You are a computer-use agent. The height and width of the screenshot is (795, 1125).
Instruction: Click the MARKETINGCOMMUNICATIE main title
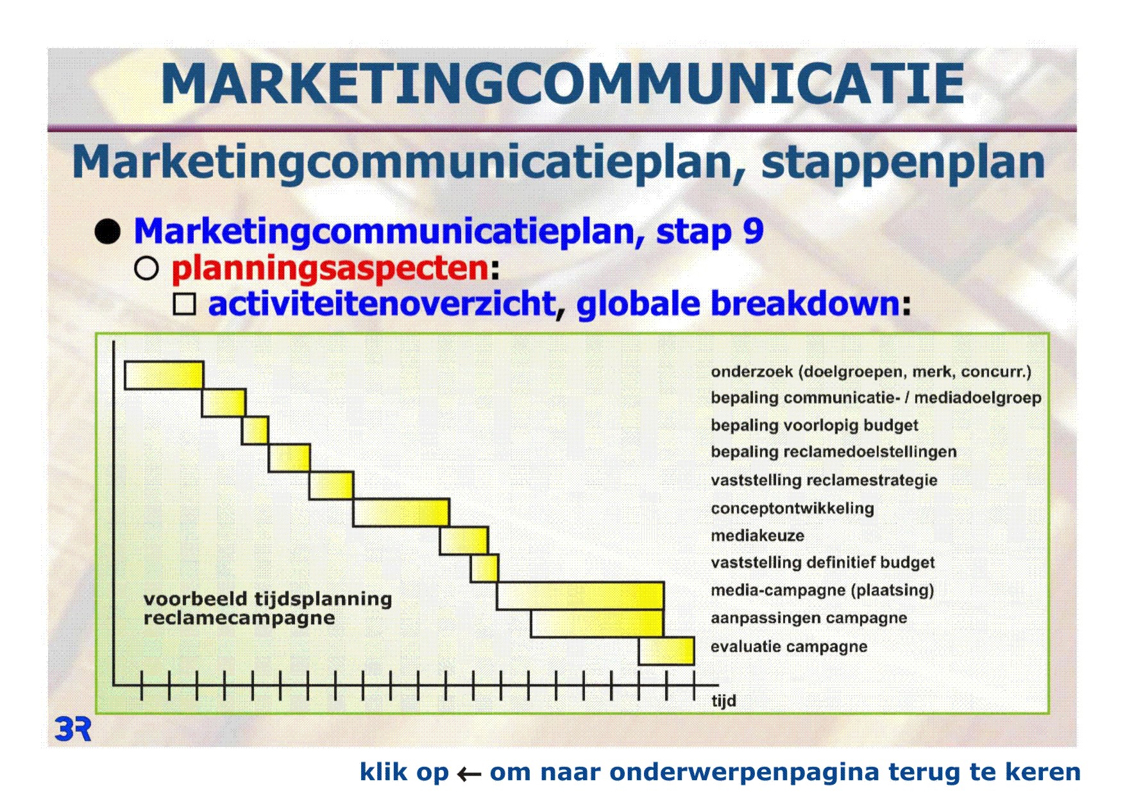click(562, 84)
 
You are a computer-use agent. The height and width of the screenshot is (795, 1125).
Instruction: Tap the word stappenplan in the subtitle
click(903, 163)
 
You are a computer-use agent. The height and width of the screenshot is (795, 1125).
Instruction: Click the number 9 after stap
click(753, 231)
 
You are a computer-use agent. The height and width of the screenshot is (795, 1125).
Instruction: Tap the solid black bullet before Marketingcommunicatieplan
click(108, 232)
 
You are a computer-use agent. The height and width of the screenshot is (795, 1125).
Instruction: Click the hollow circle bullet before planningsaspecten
click(146, 269)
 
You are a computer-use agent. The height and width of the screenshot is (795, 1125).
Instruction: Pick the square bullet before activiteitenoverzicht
click(185, 304)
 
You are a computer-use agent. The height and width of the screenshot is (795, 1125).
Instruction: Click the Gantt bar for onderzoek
click(164, 375)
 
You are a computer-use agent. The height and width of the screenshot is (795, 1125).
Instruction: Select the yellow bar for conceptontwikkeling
click(401, 513)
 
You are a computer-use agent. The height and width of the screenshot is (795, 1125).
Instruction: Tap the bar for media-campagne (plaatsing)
click(580, 595)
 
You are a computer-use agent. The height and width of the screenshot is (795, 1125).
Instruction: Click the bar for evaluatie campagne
click(666, 651)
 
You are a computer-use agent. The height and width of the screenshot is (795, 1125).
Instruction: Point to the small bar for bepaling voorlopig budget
click(255, 431)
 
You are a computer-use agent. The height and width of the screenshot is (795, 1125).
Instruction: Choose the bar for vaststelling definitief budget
click(484, 568)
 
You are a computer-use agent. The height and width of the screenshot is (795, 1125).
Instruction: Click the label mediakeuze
click(757, 536)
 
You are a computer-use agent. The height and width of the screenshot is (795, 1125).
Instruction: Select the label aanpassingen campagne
click(809, 619)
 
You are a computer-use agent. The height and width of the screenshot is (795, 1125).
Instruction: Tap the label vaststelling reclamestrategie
click(824, 481)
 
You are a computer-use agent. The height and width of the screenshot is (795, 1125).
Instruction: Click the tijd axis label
click(723, 701)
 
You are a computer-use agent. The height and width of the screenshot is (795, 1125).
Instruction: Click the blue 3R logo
click(73, 730)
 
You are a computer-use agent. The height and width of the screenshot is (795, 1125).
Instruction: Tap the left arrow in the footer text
click(469, 774)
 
